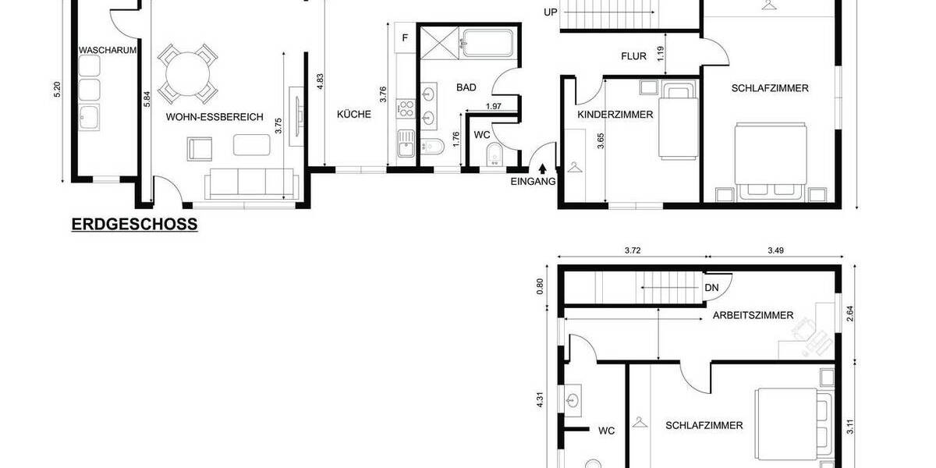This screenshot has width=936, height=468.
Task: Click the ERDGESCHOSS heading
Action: point(134,225)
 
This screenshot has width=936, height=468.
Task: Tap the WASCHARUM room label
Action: point(108,50)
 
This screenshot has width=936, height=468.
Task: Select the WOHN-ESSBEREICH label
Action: point(214,117)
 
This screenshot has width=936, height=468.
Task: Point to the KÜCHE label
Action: point(353,114)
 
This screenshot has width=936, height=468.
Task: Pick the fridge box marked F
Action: point(405,37)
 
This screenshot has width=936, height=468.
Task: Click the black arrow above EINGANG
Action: point(542,169)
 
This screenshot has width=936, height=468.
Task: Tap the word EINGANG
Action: point(533,183)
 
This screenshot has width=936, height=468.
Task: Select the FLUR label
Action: point(633,56)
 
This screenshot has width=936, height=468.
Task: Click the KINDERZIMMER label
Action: point(615,115)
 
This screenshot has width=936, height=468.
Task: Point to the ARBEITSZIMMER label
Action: point(753,316)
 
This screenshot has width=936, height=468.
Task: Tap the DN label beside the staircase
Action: point(711,287)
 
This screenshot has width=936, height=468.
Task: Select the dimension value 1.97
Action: point(493,106)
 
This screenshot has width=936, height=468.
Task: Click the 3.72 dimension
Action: point(633,250)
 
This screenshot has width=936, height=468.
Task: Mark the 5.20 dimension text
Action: point(56,90)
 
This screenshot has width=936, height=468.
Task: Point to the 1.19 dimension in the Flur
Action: point(661,54)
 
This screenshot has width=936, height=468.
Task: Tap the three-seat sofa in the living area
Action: point(250,184)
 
